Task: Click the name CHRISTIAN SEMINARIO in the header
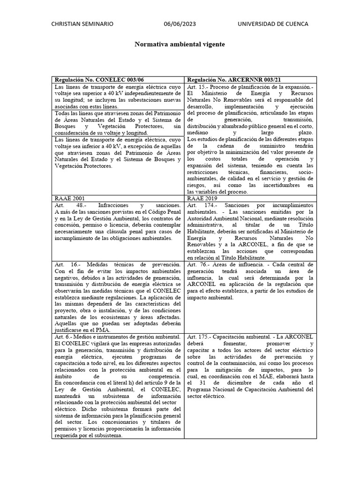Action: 82,24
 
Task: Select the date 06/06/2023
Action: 180,24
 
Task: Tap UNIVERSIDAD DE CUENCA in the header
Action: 273,24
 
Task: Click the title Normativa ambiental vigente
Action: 180,44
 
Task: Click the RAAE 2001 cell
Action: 69,198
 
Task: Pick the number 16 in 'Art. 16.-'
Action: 75,264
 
